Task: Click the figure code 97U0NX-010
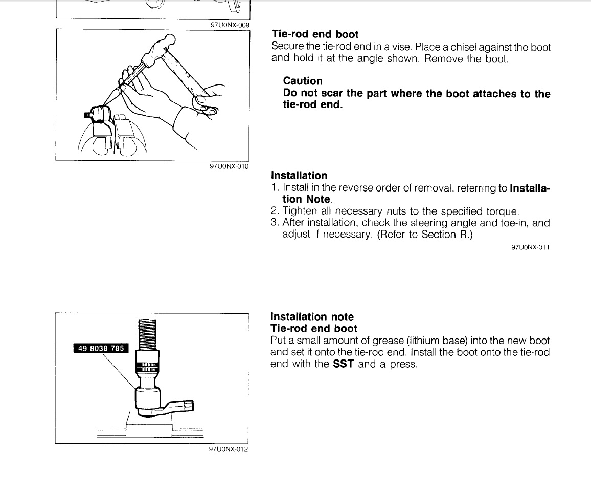(229, 166)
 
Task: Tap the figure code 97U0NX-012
(229, 449)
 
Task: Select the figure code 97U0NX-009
(230, 25)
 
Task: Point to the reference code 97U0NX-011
(530, 247)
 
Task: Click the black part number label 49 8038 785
(101, 348)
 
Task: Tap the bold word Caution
(303, 81)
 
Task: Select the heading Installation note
(312, 316)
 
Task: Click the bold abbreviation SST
(344, 364)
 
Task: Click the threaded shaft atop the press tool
(147, 334)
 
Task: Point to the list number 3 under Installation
(274, 222)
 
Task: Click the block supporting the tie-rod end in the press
(148, 425)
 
